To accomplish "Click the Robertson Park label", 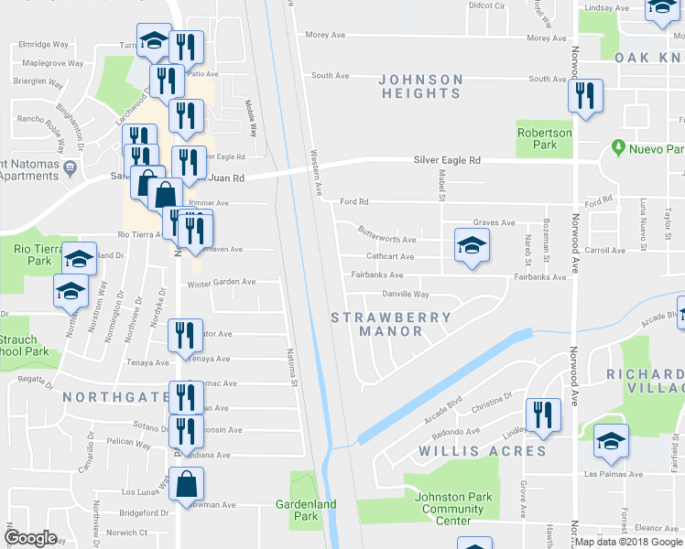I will pos(544,138).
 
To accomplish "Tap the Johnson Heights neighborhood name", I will pos(421,86).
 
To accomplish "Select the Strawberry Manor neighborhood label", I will pos(391,324).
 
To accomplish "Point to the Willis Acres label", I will pos(483,451).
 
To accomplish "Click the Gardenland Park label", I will pos(306,510).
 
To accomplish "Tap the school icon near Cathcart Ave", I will pos(472,245).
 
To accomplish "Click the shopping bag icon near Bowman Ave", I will pos(187,485).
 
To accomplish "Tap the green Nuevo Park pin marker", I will pos(619,147).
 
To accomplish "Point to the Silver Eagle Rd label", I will pos(447,160).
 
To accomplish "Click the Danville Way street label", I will pos(406,295).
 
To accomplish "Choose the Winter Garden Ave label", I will pos(221,282).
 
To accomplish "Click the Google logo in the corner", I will pos(30,538).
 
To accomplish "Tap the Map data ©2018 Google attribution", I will pos(628,542).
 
